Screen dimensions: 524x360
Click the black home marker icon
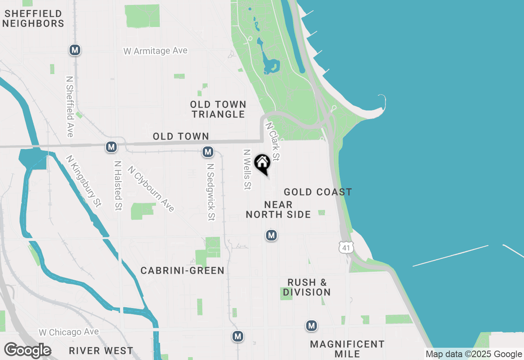pyautogui.click(x=262, y=164)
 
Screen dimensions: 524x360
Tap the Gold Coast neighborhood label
pyautogui.click(x=318, y=192)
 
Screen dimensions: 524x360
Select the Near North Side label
pyautogui.click(x=278, y=209)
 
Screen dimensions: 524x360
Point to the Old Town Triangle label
pyautogui.click(x=218, y=109)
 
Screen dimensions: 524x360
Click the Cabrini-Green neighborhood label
pyautogui.click(x=183, y=270)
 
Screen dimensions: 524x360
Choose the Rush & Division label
pyautogui.click(x=307, y=287)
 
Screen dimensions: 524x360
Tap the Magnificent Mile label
pyautogui.click(x=347, y=349)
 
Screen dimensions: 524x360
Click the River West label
pyautogui.click(x=101, y=351)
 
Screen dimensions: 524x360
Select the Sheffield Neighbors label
pyautogui.click(x=33, y=19)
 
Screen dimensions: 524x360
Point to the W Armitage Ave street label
pyautogui.click(x=156, y=51)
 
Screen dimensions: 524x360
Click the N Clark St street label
pyautogui.click(x=273, y=141)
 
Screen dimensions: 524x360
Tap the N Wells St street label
pyautogui.click(x=247, y=169)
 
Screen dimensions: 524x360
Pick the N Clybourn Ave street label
pyautogui.click(x=151, y=189)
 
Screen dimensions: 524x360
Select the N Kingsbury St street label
pyautogui.click(x=84, y=181)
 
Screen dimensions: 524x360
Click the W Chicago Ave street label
pyautogui.click(x=69, y=332)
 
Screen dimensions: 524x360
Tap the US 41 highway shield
pyautogui.click(x=346, y=246)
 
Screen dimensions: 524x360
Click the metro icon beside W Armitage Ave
pyautogui.click(x=75, y=50)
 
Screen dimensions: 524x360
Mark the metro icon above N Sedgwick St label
pyautogui.click(x=208, y=152)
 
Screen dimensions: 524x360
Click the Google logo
pyautogui.click(x=27, y=351)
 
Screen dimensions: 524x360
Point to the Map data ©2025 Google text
pyautogui.click(x=474, y=354)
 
